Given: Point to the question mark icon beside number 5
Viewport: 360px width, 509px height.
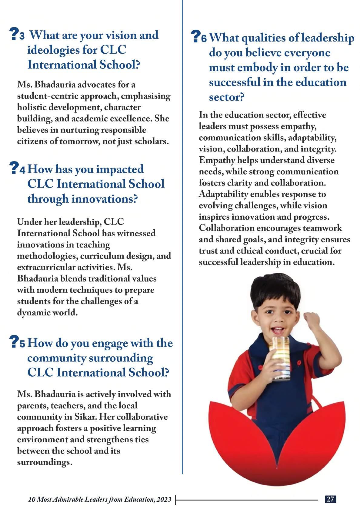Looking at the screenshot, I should [x=14, y=341].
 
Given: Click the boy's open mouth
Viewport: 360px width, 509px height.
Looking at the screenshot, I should [x=278, y=330].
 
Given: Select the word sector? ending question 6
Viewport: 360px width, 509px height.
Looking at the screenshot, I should [x=227, y=97].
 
